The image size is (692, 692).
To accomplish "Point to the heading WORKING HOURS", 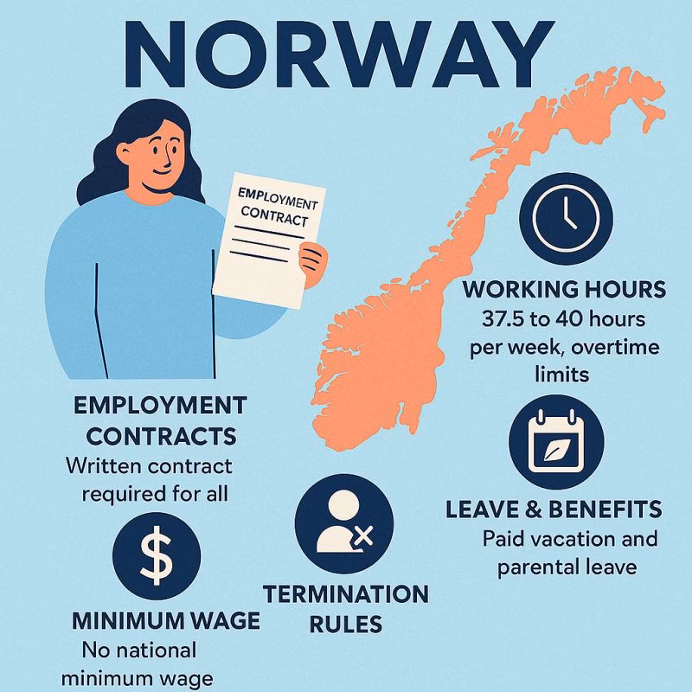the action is [x=565, y=289].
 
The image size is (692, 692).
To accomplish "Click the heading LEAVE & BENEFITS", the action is [x=554, y=509].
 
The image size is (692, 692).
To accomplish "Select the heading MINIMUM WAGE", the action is [x=166, y=621].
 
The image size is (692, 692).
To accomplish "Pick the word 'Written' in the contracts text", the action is [x=103, y=466].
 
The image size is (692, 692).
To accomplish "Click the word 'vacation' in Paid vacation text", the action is [x=573, y=539].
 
